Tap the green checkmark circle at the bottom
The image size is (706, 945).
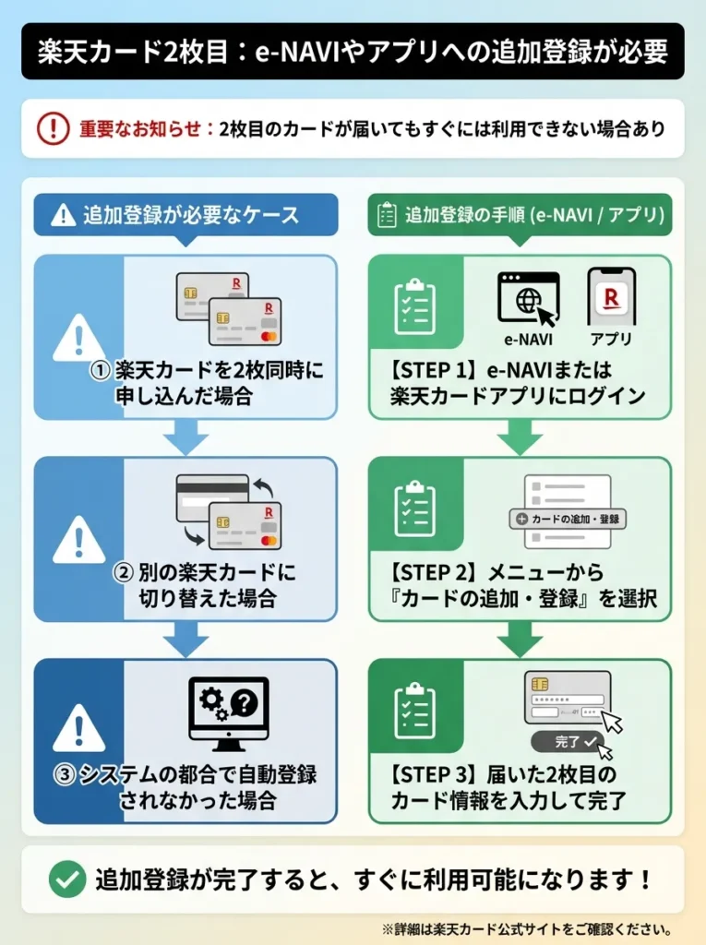66,879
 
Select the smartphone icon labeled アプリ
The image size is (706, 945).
611,297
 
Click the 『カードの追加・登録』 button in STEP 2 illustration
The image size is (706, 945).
568,519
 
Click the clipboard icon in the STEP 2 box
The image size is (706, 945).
414,510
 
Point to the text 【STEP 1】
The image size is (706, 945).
434,370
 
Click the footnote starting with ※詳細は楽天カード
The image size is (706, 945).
526,928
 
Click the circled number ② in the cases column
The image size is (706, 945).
124,572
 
